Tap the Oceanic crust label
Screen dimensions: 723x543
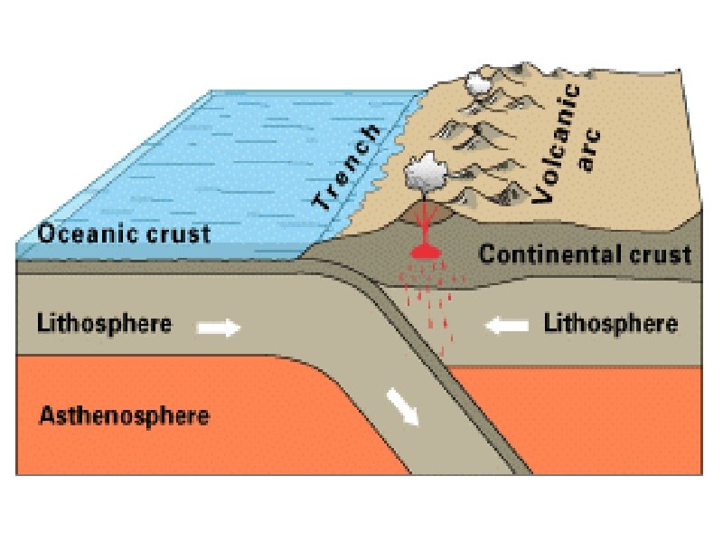coord(124,233)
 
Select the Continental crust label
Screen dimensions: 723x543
coord(585,253)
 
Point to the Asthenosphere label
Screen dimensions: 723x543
coord(125,416)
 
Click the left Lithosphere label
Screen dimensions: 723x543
coord(105,323)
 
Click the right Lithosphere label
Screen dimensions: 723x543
coord(611,323)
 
